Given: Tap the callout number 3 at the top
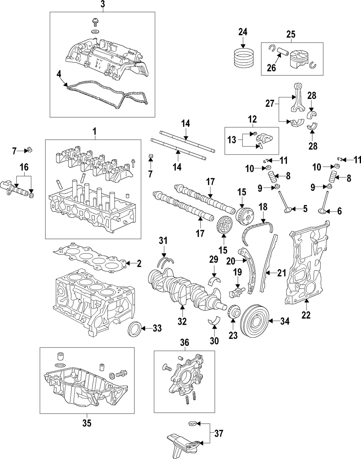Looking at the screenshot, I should pos(103,4).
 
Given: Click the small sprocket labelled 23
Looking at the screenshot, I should pos(233,311).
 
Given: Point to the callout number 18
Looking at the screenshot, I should pos(264,207).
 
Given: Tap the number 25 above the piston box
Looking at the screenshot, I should pos(291,35).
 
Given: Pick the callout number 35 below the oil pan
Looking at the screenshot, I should pos(87,422).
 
